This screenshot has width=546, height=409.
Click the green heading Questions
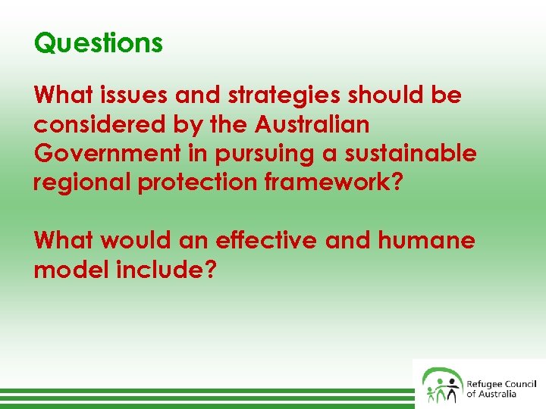(x=99, y=43)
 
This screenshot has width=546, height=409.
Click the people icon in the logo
(x=441, y=385)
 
